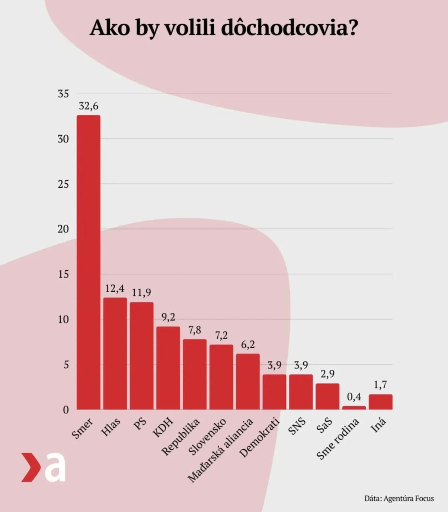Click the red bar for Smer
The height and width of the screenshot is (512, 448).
88,262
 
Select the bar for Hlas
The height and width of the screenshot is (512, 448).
115,353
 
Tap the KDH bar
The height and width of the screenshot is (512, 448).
168,368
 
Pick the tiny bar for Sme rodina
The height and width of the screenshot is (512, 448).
354,408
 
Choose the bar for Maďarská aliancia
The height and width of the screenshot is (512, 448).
248,381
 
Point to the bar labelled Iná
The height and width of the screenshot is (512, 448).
380,402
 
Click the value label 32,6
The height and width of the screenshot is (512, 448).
88,106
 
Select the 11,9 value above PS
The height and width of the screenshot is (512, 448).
141,293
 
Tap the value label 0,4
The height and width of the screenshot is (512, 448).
354,397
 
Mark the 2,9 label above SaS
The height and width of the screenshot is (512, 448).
328,374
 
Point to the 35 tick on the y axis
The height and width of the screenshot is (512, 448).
63,94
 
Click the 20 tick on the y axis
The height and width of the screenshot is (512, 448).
63,229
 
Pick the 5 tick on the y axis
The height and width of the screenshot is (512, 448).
66,365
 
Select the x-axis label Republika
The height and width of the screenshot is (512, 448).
181,437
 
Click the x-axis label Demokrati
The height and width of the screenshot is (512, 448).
259,437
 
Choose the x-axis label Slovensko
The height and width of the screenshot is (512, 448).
207,437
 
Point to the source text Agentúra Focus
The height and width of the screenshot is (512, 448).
409,498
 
